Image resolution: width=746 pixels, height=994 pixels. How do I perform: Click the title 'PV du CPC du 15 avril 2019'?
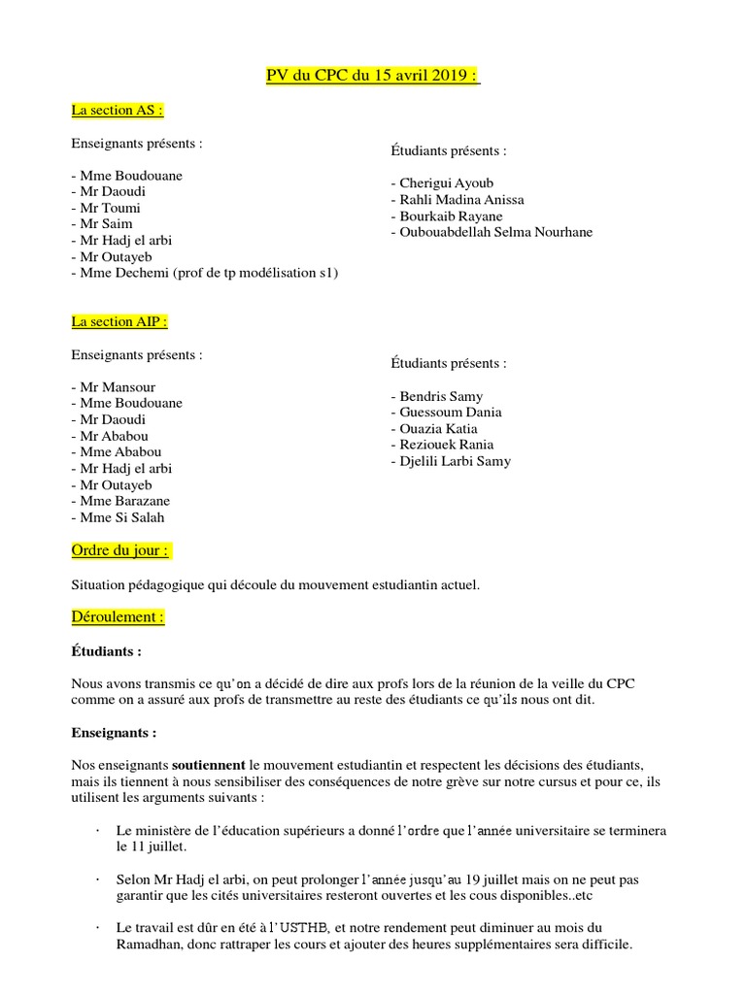point(373,77)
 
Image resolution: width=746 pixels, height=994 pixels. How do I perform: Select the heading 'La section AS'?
point(117,111)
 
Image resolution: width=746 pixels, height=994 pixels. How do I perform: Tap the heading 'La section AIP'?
point(119,321)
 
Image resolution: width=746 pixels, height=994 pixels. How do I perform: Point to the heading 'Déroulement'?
point(118,616)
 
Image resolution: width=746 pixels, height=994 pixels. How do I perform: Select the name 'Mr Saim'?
point(102,224)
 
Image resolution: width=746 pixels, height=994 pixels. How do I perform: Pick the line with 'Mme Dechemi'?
point(205,273)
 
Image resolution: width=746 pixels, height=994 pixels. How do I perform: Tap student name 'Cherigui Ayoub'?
point(442,183)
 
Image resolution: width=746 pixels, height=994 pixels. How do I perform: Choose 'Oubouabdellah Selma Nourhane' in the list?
point(492,232)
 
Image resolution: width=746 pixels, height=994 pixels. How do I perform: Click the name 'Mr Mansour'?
point(113,386)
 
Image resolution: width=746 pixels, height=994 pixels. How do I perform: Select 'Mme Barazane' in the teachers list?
point(120,501)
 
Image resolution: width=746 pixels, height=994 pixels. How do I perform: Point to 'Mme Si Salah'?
point(118,517)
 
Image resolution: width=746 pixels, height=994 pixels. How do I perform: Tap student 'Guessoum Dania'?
point(446,413)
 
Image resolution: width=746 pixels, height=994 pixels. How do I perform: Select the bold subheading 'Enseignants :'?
point(114,732)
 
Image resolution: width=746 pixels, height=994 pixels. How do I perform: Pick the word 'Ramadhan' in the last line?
point(147,944)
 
